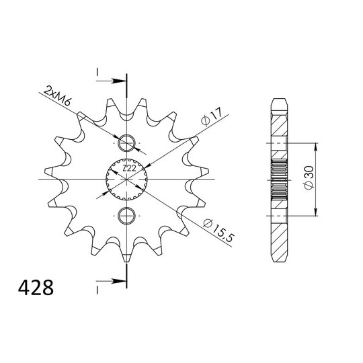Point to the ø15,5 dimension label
[x=216, y=231]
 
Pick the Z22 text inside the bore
[x=128, y=169]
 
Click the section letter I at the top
[x=97, y=71]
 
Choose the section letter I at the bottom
[x=97, y=288]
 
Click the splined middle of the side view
[x=280, y=180]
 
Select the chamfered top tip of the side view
[x=280, y=102]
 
